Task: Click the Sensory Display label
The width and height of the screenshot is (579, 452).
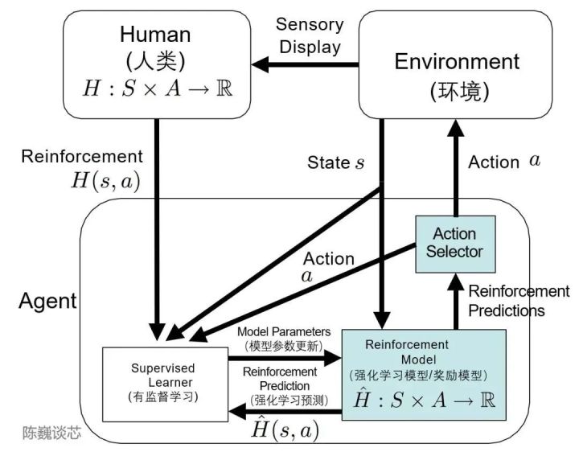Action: [310, 35]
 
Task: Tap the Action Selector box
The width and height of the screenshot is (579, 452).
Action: [454, 242]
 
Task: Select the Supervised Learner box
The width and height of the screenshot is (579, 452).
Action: [163, 382]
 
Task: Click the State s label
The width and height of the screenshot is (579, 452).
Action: [336, 163]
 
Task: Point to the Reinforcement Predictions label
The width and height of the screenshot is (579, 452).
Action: [519, 300]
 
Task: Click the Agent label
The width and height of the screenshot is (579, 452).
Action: [47, 302]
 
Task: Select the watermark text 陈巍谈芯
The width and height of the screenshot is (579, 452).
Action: [51, 434]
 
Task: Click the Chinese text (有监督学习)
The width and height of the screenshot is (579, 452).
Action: [163, 396]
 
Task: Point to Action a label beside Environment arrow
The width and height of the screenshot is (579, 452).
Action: [504, 162]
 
